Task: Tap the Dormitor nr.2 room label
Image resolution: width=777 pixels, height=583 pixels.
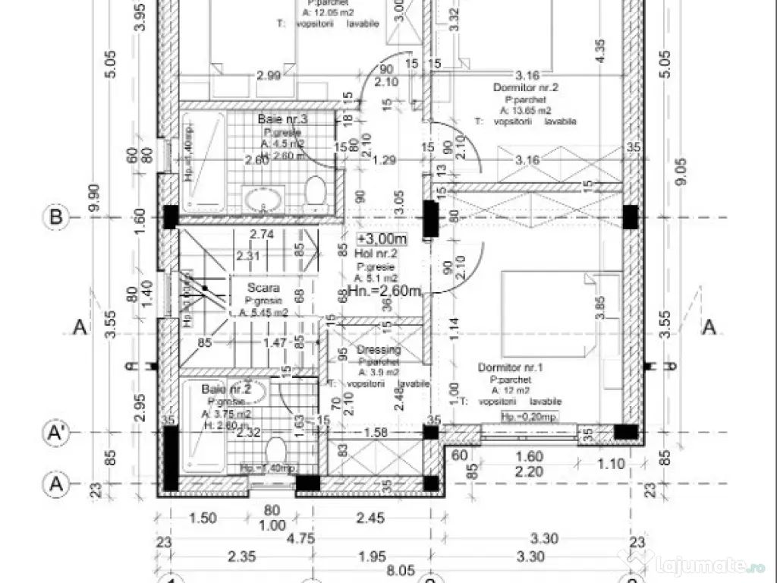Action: pyautogui.click(x=526, y=88)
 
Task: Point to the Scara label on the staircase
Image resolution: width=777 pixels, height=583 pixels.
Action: pyautogui.click(x=263, y=288)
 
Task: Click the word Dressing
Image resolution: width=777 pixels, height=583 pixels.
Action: pyautogui.click(x=379, y=350)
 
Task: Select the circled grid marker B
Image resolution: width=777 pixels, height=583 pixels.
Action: pyautogui.click(x=55, y=217)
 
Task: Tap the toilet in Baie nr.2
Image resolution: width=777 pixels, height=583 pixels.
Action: pyautogui.click(x=276, y=449)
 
